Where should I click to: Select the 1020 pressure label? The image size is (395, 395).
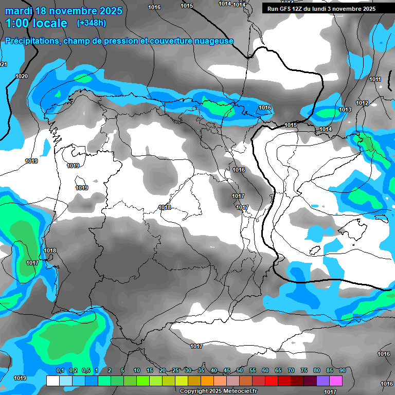click(22, 76)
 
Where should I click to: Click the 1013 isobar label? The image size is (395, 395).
click(345, 110)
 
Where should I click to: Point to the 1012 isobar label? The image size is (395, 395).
click(362, 103)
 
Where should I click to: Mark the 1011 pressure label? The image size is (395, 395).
click(375, 80)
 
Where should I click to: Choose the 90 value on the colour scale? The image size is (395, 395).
click(342, 370)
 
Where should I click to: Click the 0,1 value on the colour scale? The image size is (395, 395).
click(60, 370)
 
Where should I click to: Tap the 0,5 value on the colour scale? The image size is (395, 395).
click(85, 370)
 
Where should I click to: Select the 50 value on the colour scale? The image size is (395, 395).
click(239, 370)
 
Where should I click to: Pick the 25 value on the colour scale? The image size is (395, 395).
click(175, 370)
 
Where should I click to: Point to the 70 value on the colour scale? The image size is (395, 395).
click(291, 370)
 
